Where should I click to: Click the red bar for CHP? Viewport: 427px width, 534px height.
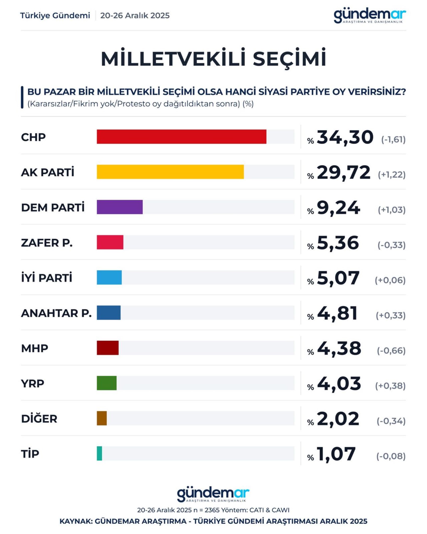coord(181,137)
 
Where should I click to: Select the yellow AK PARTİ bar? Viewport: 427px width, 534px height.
coord(170,172)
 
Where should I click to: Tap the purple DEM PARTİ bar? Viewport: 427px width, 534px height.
coord(120,207)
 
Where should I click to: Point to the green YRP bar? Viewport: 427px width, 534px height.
coord(106,383)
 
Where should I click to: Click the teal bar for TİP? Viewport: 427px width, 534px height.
coord(99,453)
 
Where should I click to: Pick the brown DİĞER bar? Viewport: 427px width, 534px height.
coord(102,418)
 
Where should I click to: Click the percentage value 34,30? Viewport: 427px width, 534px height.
coord(345,137)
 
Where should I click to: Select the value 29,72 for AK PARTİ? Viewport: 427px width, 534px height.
coord(343,172)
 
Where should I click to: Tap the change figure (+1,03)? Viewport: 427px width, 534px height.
coord(391,210)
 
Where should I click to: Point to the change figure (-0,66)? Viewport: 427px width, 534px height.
coord(391,350)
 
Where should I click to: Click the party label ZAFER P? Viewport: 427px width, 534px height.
coord(47,243)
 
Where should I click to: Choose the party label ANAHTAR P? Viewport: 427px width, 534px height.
coord(56,313)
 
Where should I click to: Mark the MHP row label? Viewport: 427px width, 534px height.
coord(34,348)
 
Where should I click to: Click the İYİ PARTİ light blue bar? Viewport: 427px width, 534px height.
coord(109,277)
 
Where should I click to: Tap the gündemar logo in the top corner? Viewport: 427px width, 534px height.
coord(369,16)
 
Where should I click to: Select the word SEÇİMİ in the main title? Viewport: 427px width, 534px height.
coord(289,59)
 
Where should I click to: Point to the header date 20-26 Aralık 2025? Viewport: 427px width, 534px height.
coord(135,16)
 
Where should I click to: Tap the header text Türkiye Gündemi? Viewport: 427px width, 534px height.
coord(55,16)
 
